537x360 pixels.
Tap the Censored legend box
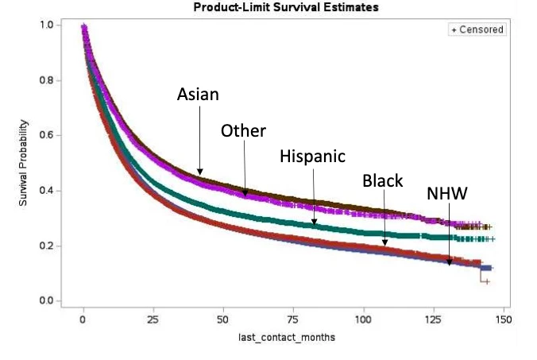[477, 29]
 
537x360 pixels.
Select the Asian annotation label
[198, 95]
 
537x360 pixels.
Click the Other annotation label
[243, 130]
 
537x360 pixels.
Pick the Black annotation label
[383, 180]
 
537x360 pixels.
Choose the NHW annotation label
[446, 193]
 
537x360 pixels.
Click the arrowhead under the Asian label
[200, 172]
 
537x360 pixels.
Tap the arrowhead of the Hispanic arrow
[315, 223]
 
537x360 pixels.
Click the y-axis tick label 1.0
[48, 25]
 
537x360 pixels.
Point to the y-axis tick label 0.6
[48, 136]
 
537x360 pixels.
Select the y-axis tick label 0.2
[48, 246]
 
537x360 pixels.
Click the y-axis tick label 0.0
[48, 301]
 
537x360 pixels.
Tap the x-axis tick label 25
[153, 320]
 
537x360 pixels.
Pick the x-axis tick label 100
[364, 320]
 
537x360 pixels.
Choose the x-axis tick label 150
[504, 320]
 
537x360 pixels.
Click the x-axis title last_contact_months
[287, 338]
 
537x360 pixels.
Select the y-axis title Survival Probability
[26, 164]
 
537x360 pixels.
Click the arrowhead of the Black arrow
[385, 243]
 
